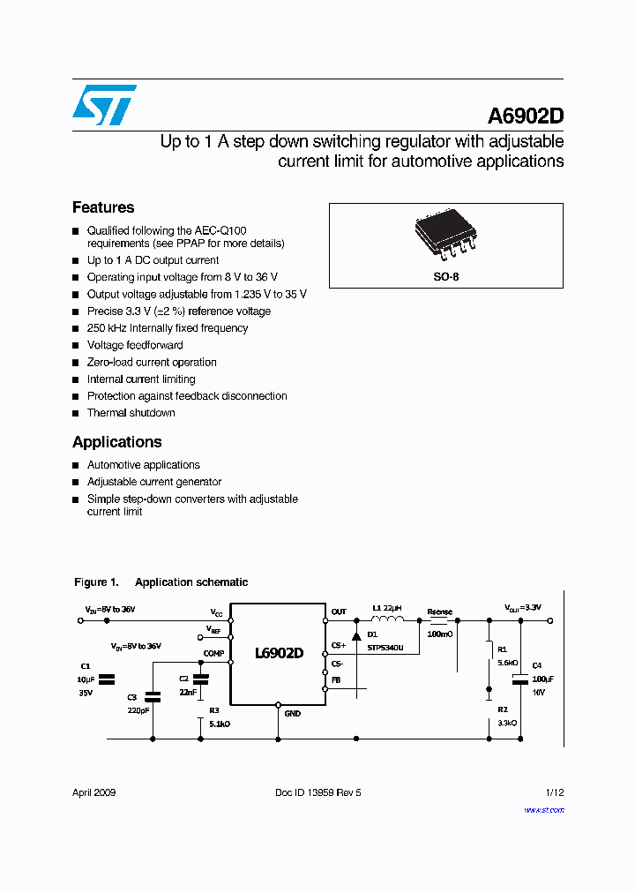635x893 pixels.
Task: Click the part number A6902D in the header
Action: [x=526, y=116]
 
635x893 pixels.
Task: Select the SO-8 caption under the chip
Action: [x=445, y=276]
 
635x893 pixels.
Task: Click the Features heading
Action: [x=103, y=207]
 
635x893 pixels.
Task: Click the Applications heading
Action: [x=117, y=442]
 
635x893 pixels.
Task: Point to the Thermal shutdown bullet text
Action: [x=131, y=413]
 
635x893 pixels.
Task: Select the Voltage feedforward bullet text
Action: [x=135, y=345]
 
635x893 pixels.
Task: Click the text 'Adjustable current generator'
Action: [x=154, y=482]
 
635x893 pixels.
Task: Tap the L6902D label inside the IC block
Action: [x=279, y=654]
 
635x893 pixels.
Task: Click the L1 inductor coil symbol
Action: [x=389, y=620]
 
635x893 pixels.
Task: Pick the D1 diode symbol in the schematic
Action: [x=356, y=635]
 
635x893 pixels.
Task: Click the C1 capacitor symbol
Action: [x=108, y=679]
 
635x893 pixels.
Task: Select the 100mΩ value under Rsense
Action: [x=439, y=634]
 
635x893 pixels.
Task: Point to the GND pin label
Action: [x=292, y=713]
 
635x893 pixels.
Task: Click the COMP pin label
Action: [x=214, y=654]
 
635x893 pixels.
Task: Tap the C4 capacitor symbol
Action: [x=519, y=679]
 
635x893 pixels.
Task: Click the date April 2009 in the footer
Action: [x=93, y=792]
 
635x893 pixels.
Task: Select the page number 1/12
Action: [x=554, y=792]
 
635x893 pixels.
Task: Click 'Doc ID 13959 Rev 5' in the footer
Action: [x=318, y=792]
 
